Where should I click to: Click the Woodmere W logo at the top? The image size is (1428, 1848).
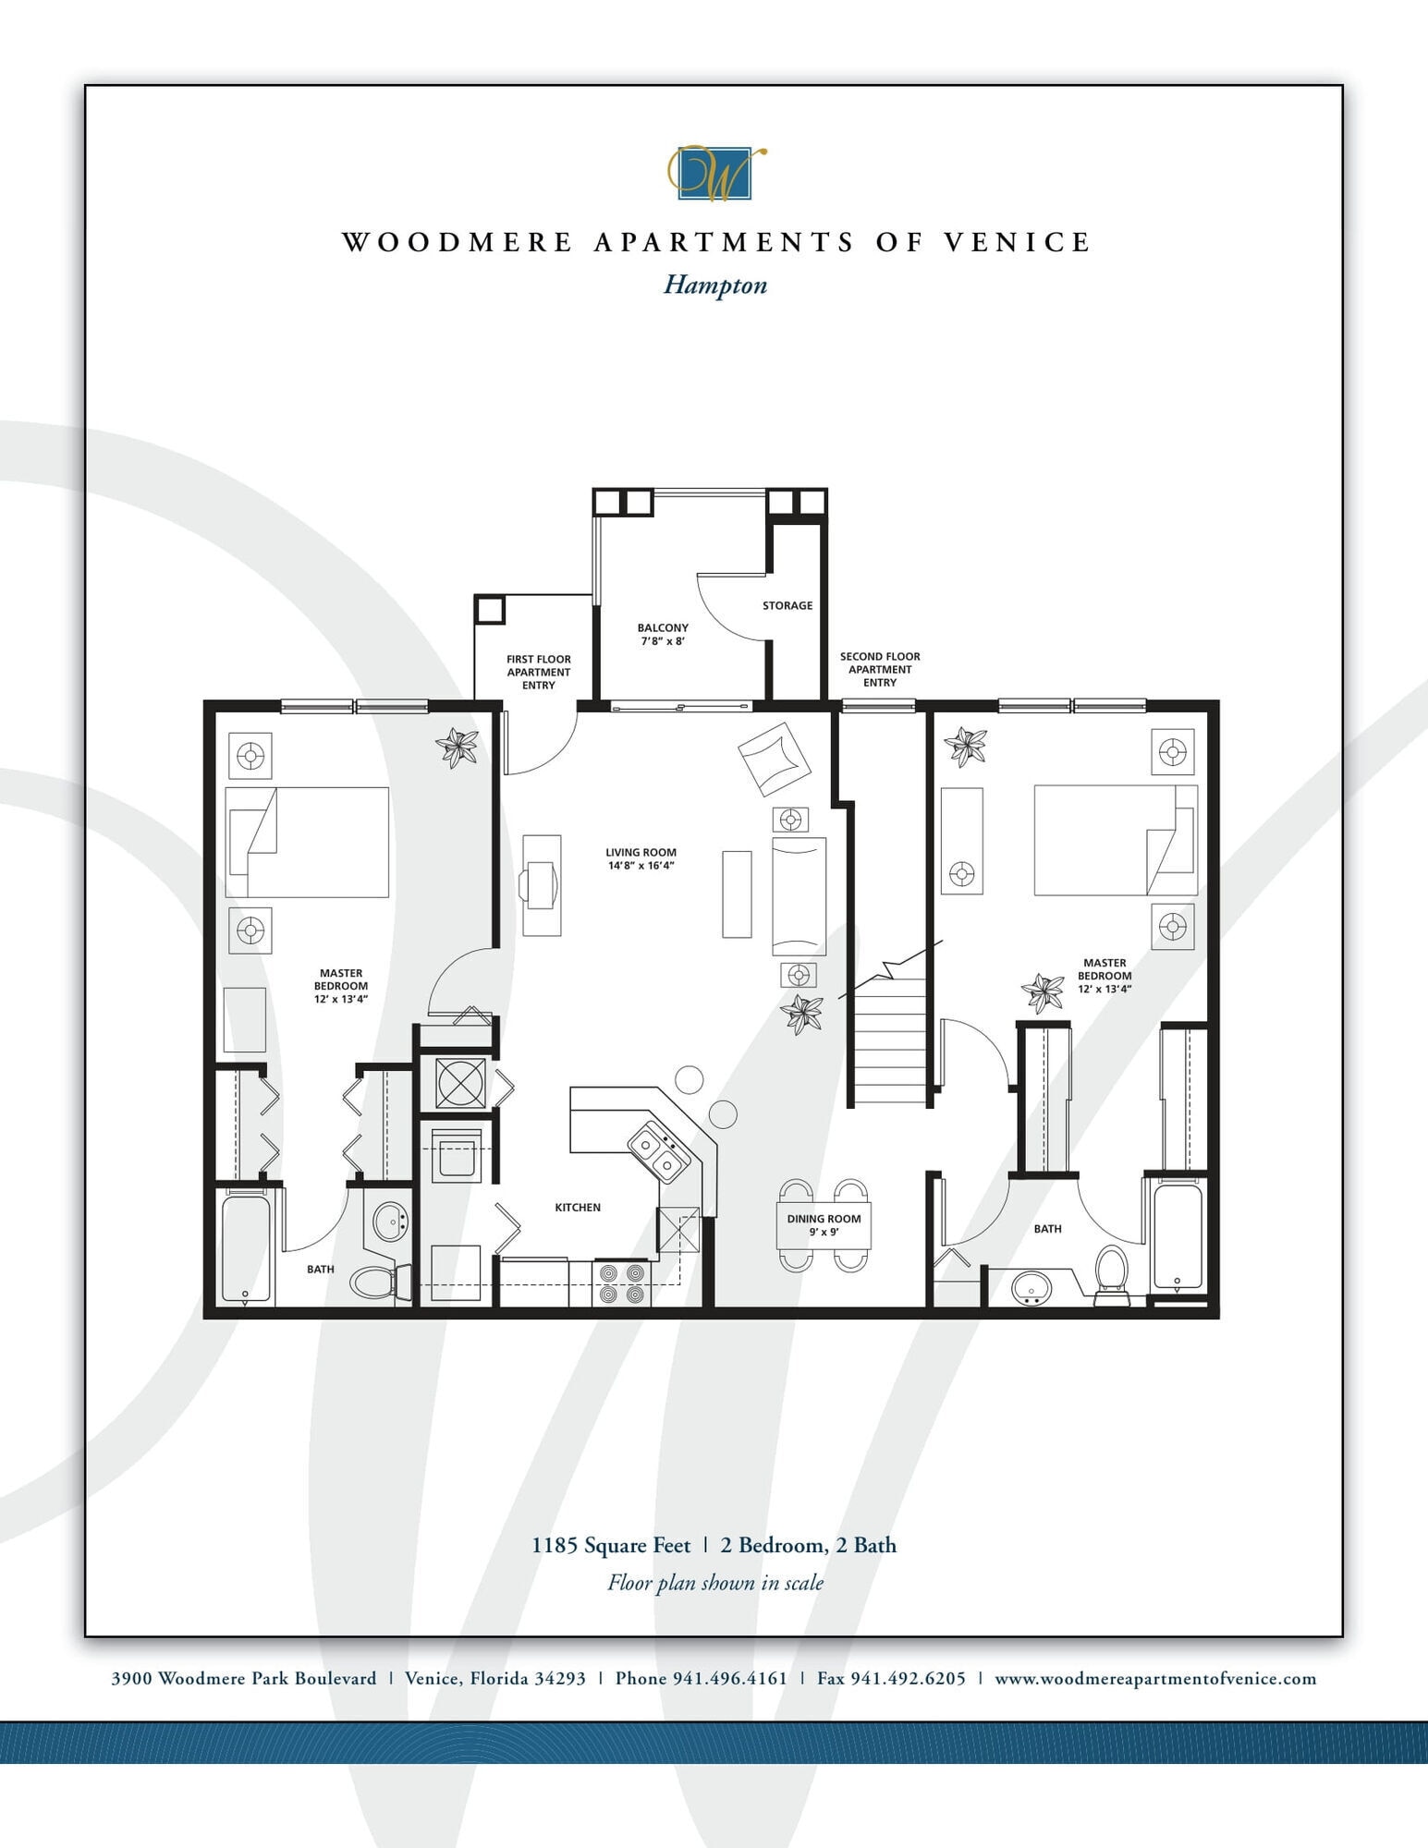tap(715, 173)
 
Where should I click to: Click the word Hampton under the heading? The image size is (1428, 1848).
tap(715, 285)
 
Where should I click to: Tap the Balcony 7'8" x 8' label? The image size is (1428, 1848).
tap(663, 634)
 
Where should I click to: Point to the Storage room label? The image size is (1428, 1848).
tap(787, 605)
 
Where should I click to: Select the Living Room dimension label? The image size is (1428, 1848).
tap(641, 859)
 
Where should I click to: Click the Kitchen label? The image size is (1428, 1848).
tap(578, 1208)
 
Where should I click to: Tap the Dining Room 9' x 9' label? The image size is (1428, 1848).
tap(824, 1224)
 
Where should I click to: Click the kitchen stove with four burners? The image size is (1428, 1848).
tap(621, 1283)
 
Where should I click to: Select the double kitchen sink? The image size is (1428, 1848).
tap(658, 1152)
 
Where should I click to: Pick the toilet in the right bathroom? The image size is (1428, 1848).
tap(1111, 1272)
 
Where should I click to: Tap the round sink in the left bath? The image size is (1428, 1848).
tap(391, 1222)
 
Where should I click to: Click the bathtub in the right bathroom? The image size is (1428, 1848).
tap(1178, 1237)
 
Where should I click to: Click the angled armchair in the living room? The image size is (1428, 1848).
tap(774, 759)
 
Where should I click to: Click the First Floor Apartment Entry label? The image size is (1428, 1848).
tap(538, 672)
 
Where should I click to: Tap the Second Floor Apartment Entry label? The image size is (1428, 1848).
tap(879, 669)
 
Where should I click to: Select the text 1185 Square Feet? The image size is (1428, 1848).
tap(611, 1545)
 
